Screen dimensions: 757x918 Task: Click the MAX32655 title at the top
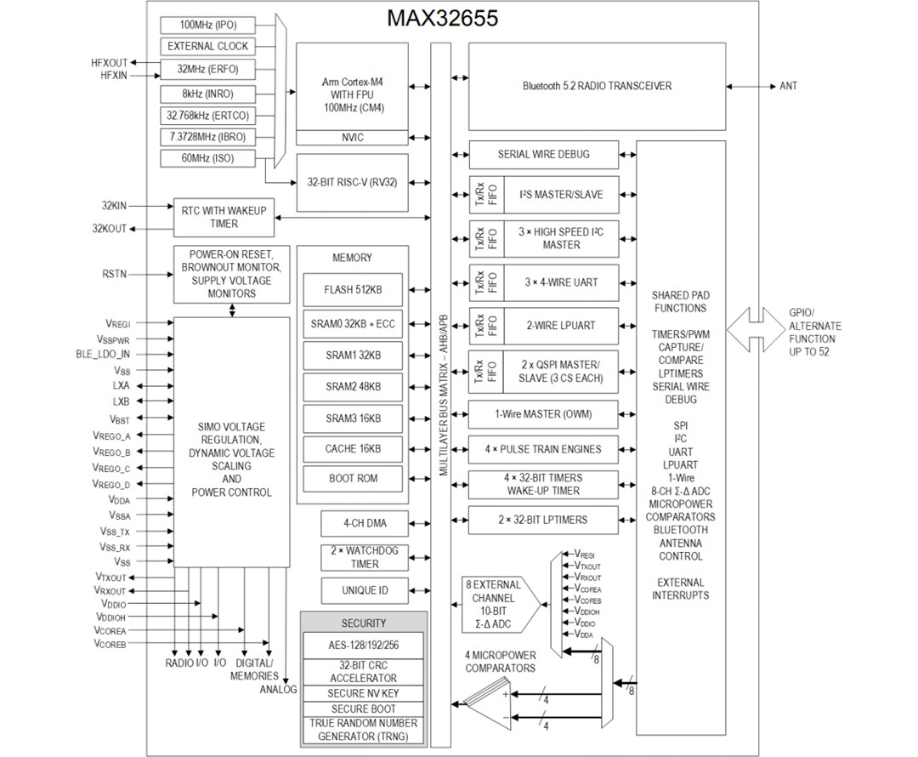coord(442,18)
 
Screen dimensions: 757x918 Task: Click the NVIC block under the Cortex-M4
coord(354,138)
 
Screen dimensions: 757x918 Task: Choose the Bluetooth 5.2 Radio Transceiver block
coord(597,86)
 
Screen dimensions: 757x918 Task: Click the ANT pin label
coord(788,86)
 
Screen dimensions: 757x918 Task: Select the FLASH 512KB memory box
coord(353,290)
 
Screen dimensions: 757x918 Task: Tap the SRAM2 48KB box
coord(353,386)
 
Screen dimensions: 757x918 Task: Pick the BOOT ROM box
coord(353,478)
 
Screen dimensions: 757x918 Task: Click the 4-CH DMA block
coord(364,523)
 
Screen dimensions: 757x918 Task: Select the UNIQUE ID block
coord(364,590)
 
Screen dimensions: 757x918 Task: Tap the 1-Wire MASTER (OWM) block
coord(543,415)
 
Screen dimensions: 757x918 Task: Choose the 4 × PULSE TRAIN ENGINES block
coord(543,449)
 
